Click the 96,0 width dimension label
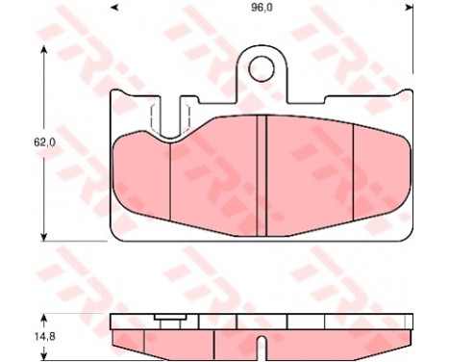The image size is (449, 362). (x=262, y=9)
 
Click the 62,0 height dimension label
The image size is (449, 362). (x=44, y=142)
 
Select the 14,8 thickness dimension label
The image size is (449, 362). (x=44, y=337)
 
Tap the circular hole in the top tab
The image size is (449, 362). (x=262, y=68)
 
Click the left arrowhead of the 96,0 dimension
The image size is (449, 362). (x=114, y=8)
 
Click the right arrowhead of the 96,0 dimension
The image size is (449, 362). (x=409, y=8)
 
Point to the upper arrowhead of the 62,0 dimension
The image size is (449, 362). (x=44, y=50)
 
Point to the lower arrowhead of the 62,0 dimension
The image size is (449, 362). (x=44, y=237)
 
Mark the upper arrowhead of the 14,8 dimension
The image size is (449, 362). (x=44, y=319)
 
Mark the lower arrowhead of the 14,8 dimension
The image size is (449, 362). (x=44, y=355)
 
